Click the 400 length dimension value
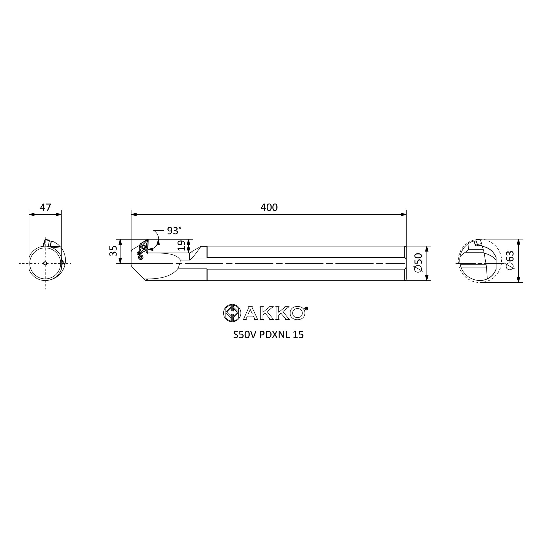(269, 207)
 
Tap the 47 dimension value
(46, 207)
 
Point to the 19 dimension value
(182, 246)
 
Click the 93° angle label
(174, 231)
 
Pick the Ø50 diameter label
(418, 262)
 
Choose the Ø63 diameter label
(510, 260)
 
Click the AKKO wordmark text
(274, 313)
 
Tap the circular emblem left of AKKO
(232, 313)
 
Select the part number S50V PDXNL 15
(269, 335)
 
